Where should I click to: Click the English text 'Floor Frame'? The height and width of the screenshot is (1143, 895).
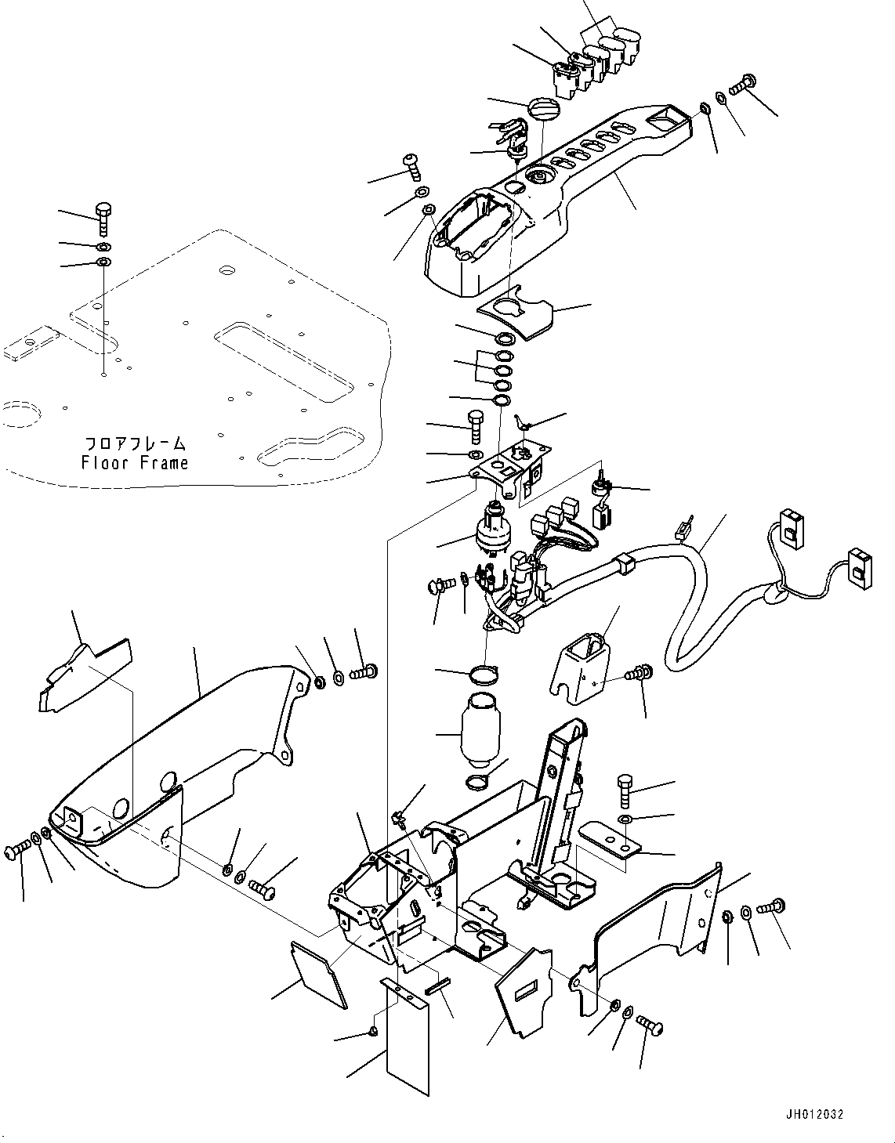click(x=135, y=463)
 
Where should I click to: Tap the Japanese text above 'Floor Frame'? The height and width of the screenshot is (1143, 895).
click(x=135, y=443)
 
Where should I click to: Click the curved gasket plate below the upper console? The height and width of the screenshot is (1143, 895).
click(x=522, y=316)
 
